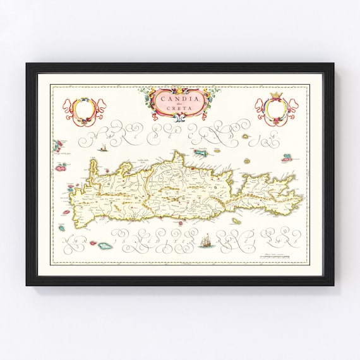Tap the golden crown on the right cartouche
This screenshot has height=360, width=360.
pyautogui.click(x=275, y=97)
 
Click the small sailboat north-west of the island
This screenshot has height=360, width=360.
pyautogui.click(x=102, y=148)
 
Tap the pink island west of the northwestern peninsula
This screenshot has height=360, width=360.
pyautogui.click(x=62, y=168)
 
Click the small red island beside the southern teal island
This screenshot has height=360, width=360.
pyautogui.click(x=94, y=243)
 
